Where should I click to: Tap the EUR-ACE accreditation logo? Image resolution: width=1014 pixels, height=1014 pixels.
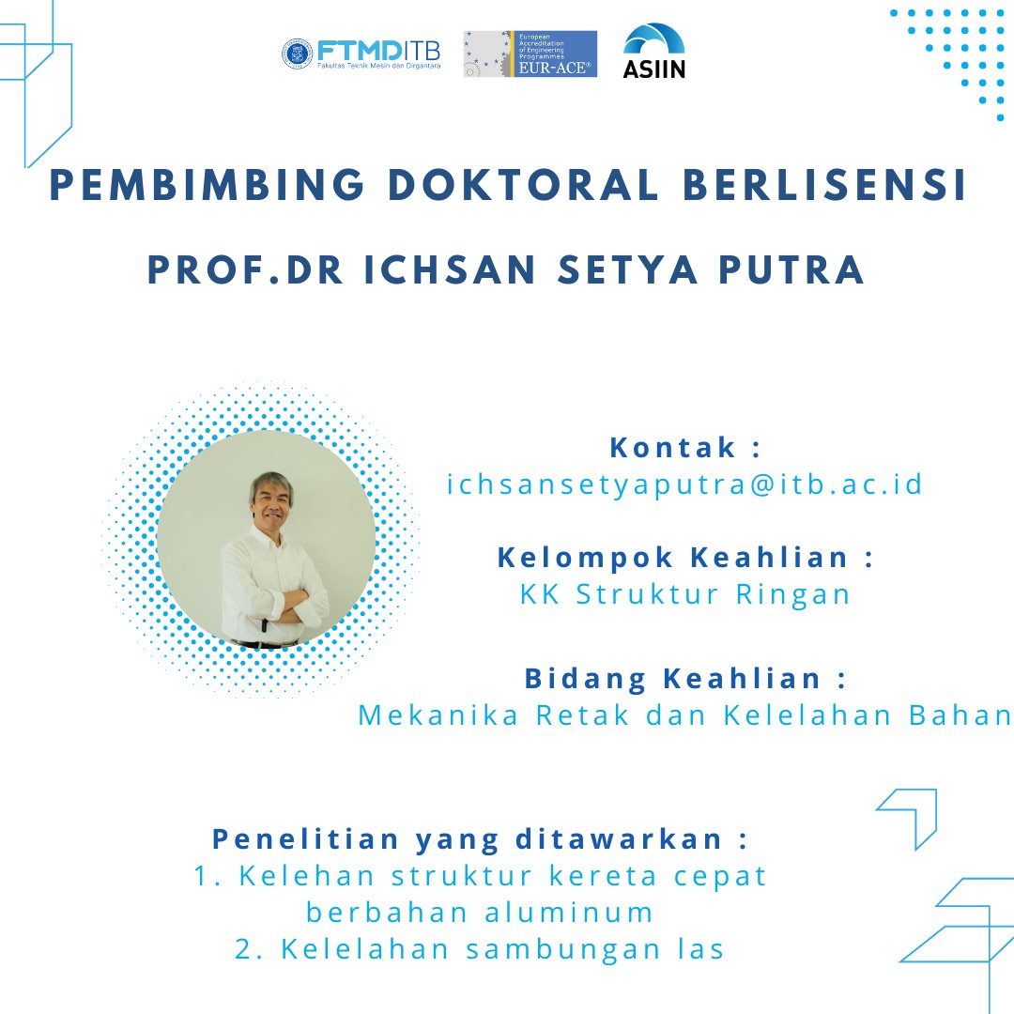(530, 54)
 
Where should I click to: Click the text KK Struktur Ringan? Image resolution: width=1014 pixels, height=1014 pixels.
(685, 594)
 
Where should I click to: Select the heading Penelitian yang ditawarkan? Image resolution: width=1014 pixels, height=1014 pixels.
(480, 837)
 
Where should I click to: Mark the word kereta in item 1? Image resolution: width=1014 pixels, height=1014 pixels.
(621, 875)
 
